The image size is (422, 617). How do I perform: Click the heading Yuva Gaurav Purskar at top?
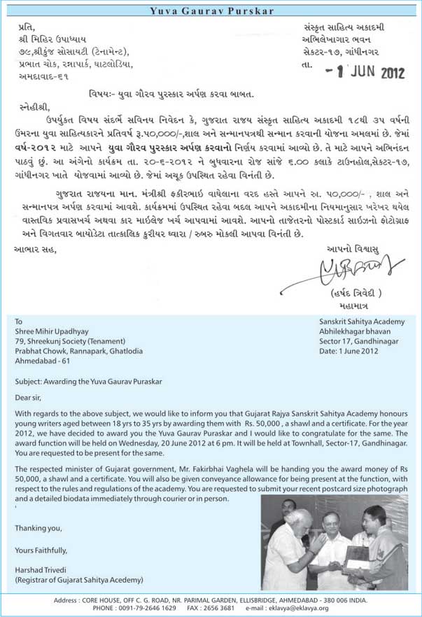pos(210,11)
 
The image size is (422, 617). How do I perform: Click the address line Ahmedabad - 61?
pos(43,361)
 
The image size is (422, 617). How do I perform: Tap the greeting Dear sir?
pos(29,397)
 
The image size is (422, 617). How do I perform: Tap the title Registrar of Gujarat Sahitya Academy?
pos(78,580)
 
